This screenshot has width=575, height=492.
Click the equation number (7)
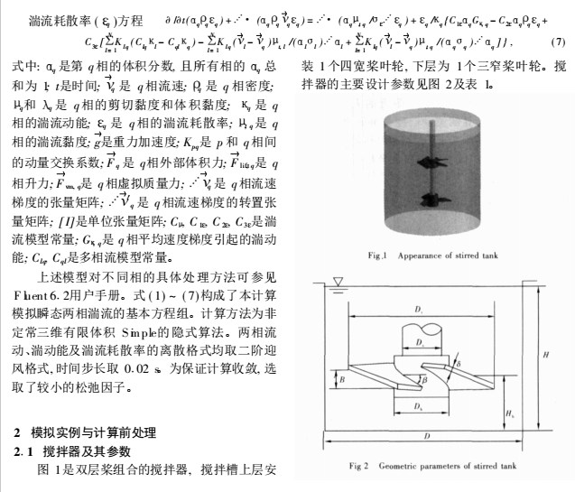coord(556,42)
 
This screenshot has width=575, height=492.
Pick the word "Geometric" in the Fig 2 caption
coord(399,467)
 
